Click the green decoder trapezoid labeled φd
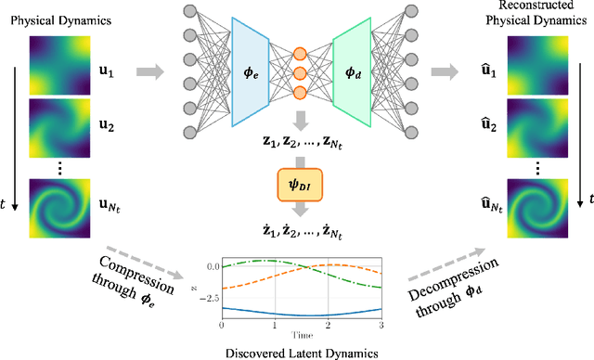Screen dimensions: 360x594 pos(349,73)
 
